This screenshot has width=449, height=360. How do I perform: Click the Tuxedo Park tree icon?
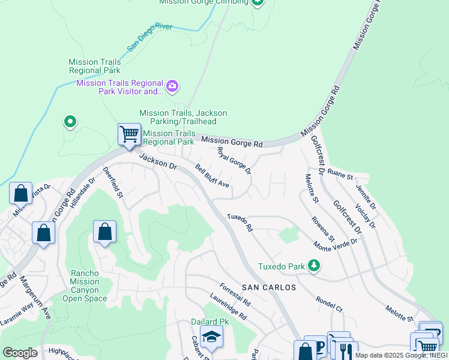313,266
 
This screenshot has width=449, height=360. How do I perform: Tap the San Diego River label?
149,37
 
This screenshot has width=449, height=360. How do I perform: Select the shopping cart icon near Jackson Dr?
130,134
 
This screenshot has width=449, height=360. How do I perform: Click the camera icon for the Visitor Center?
172,87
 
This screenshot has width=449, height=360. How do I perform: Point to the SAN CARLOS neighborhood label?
269,287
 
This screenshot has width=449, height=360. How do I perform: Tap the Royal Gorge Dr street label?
234,161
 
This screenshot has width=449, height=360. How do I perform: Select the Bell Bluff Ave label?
212,176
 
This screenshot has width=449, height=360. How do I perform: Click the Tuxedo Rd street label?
240,223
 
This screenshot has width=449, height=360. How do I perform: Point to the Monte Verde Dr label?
336,243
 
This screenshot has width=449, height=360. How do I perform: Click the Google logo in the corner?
20,352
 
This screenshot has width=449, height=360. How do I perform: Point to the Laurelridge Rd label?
228,305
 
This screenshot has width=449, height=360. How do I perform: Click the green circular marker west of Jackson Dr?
70,122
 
